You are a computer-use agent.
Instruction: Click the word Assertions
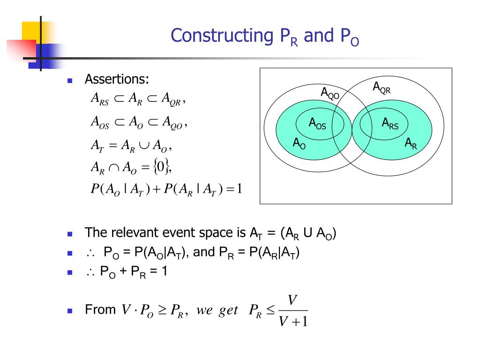[117, 80]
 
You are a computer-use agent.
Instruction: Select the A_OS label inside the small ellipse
[317, 124]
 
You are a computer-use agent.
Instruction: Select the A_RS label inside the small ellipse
[390, 124]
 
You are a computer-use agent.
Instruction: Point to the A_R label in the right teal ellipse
[411, 143]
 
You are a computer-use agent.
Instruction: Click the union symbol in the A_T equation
[144, 146]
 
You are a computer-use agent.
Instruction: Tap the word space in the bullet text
[220, 232]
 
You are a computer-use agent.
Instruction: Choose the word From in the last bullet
[100, 310]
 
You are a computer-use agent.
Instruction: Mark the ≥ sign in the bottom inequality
[161, 311]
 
